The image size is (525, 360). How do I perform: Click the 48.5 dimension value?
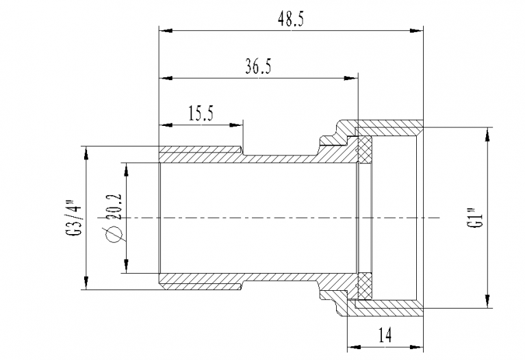pyautogui.click(x=291, y=19)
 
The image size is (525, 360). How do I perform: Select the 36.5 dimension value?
pyautogui.click(x=259, y=66)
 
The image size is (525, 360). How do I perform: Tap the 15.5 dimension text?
pyautogui.click(x=201, y=113)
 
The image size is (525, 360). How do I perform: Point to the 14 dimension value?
pyautogui.click(x=385, y=335)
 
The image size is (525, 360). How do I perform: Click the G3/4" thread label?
pyautogui.click(x=74, y=218)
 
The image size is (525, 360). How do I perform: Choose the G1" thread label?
pyautogui.click(x=476, y=218)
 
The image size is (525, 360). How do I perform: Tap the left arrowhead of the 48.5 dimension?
pyautogui.click(x=166, y=31)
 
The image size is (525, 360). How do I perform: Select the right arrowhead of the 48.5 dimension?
pyautogui.click(x=417, y=31)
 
